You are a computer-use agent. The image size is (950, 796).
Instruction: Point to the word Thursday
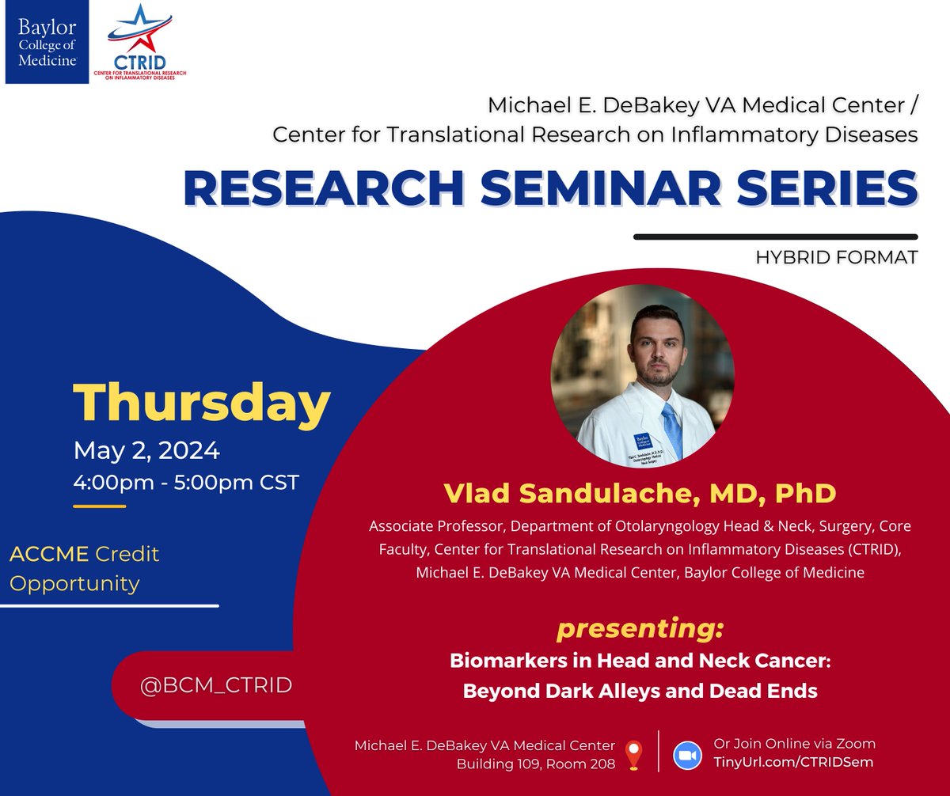point(201,404)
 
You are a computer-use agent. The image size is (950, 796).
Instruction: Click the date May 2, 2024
point(146,451)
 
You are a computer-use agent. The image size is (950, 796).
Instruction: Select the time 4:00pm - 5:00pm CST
point(186,482)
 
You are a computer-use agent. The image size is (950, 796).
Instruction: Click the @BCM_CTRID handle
point(215,685)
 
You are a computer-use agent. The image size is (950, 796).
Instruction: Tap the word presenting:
point(640,629)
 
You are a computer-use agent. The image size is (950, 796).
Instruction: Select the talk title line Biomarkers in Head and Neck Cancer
point(639,660)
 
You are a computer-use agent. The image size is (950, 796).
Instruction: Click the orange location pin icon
point(633,755)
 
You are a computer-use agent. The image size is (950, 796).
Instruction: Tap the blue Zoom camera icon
point(687,755)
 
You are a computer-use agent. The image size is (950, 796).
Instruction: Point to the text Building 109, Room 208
point(535,764)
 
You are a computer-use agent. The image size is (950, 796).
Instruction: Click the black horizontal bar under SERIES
point(776,236)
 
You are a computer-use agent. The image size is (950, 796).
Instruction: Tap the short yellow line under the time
point(99,506)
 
